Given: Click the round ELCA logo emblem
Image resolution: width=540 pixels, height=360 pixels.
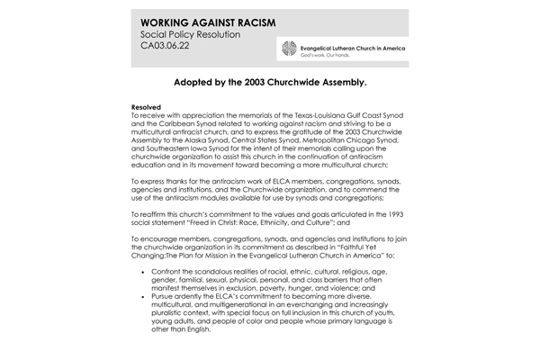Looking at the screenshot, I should point(289,48).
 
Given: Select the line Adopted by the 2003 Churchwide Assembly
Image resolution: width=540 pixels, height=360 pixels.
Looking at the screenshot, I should point(269,81).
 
